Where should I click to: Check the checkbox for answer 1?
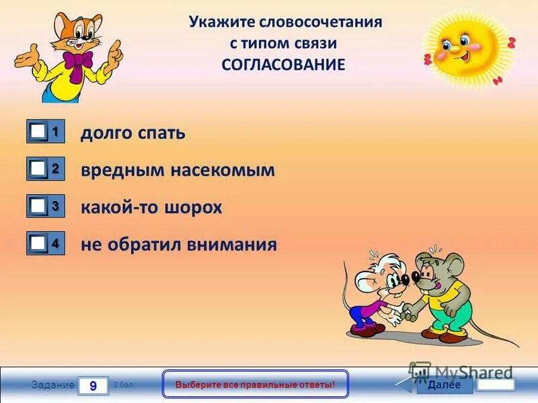coord(38,132)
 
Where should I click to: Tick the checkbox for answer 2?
coord(38,169)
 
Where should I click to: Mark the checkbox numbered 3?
coord(38,206)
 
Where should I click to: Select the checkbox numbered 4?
coord(38,243)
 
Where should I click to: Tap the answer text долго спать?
coord(133,133)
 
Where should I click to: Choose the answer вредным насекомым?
coord(178,170)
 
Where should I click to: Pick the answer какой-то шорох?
coord(151,207)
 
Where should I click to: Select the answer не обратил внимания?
coord(179,244)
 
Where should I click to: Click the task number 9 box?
coord(93,386)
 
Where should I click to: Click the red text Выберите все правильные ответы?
coord(255,385)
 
